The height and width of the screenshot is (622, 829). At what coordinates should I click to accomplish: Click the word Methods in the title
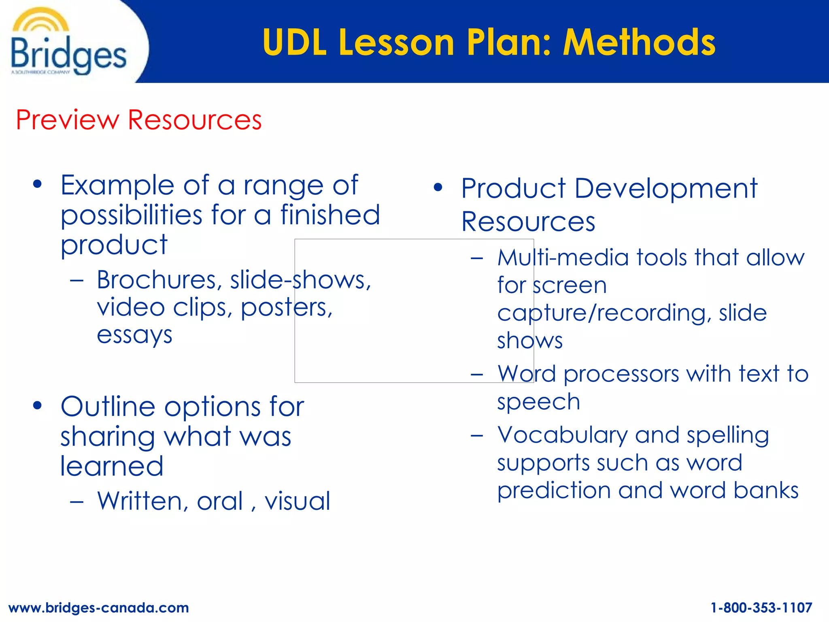coord(639,42)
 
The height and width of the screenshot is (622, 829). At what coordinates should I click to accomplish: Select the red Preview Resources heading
coord(139,120)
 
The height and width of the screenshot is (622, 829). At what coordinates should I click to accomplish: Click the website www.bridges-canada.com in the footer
coord(99,607)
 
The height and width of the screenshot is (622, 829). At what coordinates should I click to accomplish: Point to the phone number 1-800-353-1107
coord(761,607)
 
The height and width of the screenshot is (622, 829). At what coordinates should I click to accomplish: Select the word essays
coord(134,335)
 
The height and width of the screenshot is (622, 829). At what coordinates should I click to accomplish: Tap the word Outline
coord(108,407)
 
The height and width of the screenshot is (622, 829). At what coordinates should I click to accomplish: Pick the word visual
coord(298,501)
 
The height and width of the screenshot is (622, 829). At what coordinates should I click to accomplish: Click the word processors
coord(621,374)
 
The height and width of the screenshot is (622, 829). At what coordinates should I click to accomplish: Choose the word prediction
coord(554,490)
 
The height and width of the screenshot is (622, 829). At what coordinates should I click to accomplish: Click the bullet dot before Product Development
coord(438,187)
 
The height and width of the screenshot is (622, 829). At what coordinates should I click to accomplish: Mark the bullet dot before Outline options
coord(38,405)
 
